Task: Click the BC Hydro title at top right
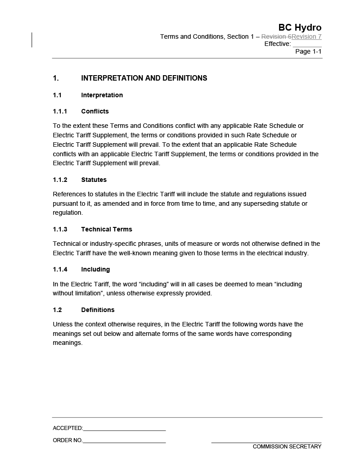(x=300, y=27)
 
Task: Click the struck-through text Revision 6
(x=276, y=36)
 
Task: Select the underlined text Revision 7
(x=306, y=36)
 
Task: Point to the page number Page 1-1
(x=308, y=51)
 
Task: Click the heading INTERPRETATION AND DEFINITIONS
(x=144, y=78)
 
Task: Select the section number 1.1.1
(x=60, y=111)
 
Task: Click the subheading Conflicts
(x=95, y=111)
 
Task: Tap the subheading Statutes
(x=94, y=180)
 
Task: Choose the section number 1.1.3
(x=60, y=229)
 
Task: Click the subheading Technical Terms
(x=107, y=229)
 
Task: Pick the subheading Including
(x=95, y=269)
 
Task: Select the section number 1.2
(x=57, y=310)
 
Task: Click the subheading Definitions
(x=98, y=310)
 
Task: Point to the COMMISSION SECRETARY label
(x=287, y=447)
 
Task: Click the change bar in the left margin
(x=32, y=40)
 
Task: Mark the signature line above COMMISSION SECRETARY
(x=266, y=443)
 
